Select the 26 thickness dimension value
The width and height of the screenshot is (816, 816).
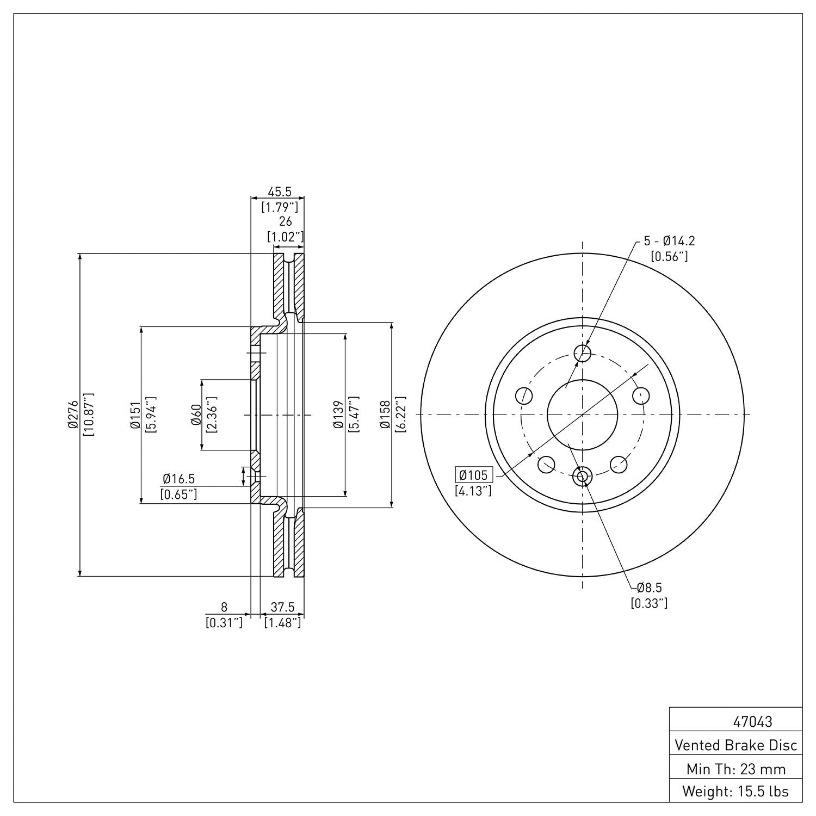point(285,221)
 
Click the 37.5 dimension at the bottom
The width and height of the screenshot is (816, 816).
point(282,607)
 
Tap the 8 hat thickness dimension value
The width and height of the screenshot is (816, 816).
point(224,607)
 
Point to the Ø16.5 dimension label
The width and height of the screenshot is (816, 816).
point(178,479)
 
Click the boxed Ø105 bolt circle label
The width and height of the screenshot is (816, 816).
point(473,475)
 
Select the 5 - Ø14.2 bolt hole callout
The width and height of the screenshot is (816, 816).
point(669,241)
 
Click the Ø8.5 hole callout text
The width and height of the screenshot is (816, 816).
point(649,588)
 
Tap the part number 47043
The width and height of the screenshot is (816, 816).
point(752,722)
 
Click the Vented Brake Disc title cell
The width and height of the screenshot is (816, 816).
point(735,745)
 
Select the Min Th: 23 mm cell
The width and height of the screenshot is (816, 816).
point(735,769)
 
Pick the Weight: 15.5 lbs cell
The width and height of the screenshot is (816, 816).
point(735,791)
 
